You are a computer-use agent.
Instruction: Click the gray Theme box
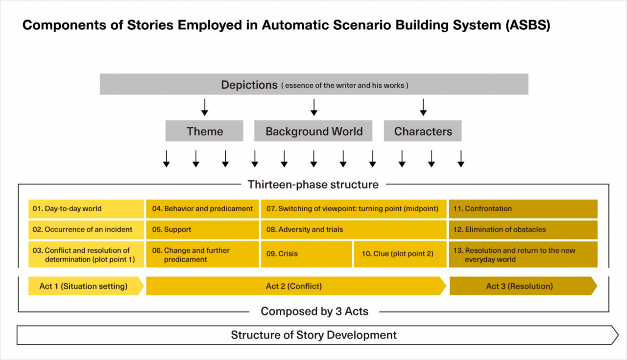click(x=204, y=131)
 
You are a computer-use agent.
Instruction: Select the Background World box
click(x=313, y=131)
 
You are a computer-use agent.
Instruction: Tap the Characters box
click(x=423, y=131)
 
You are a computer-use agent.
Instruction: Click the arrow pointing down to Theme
click(x=205, y=107)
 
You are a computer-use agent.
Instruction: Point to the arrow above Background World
click(x=314, y=107)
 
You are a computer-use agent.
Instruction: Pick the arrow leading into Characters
click(x=423, y=107)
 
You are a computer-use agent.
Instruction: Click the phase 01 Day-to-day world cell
click(x=86, y=209)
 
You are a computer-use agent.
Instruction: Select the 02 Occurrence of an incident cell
click(x=86, y=230)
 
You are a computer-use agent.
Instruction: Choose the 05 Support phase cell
click(x=202, y=230)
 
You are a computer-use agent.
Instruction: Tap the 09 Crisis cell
click(x=306, y=254)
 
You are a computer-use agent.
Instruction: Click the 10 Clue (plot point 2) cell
click(x=400, y=254)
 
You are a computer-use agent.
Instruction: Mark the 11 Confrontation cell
click(x=523, y=209)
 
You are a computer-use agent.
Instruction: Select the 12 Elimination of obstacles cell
click(x=523, y=230)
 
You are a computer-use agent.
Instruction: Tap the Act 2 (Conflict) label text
click(x=293, y=287)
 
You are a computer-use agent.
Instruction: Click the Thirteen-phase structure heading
click(x=313, y=185)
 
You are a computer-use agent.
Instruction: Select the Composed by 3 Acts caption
click(x=314, y=312)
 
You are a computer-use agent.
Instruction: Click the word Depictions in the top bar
click(x=249, y=85)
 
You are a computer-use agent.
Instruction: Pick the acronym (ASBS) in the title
click(x=528, y=25)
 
